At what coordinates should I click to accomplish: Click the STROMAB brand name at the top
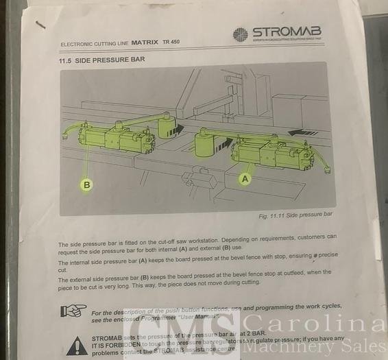click(x=286, y=32)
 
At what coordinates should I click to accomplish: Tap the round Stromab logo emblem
click(x=240, y=34)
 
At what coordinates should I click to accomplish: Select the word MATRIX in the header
click(x=147, y=42)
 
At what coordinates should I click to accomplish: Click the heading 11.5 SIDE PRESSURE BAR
click(x=101, y=60)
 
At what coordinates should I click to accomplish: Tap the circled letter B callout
click(x=86, y=184)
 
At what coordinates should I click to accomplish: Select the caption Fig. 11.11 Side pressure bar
click(x=295, y=215)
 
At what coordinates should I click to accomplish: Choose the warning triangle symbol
click(x=80, y=341)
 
